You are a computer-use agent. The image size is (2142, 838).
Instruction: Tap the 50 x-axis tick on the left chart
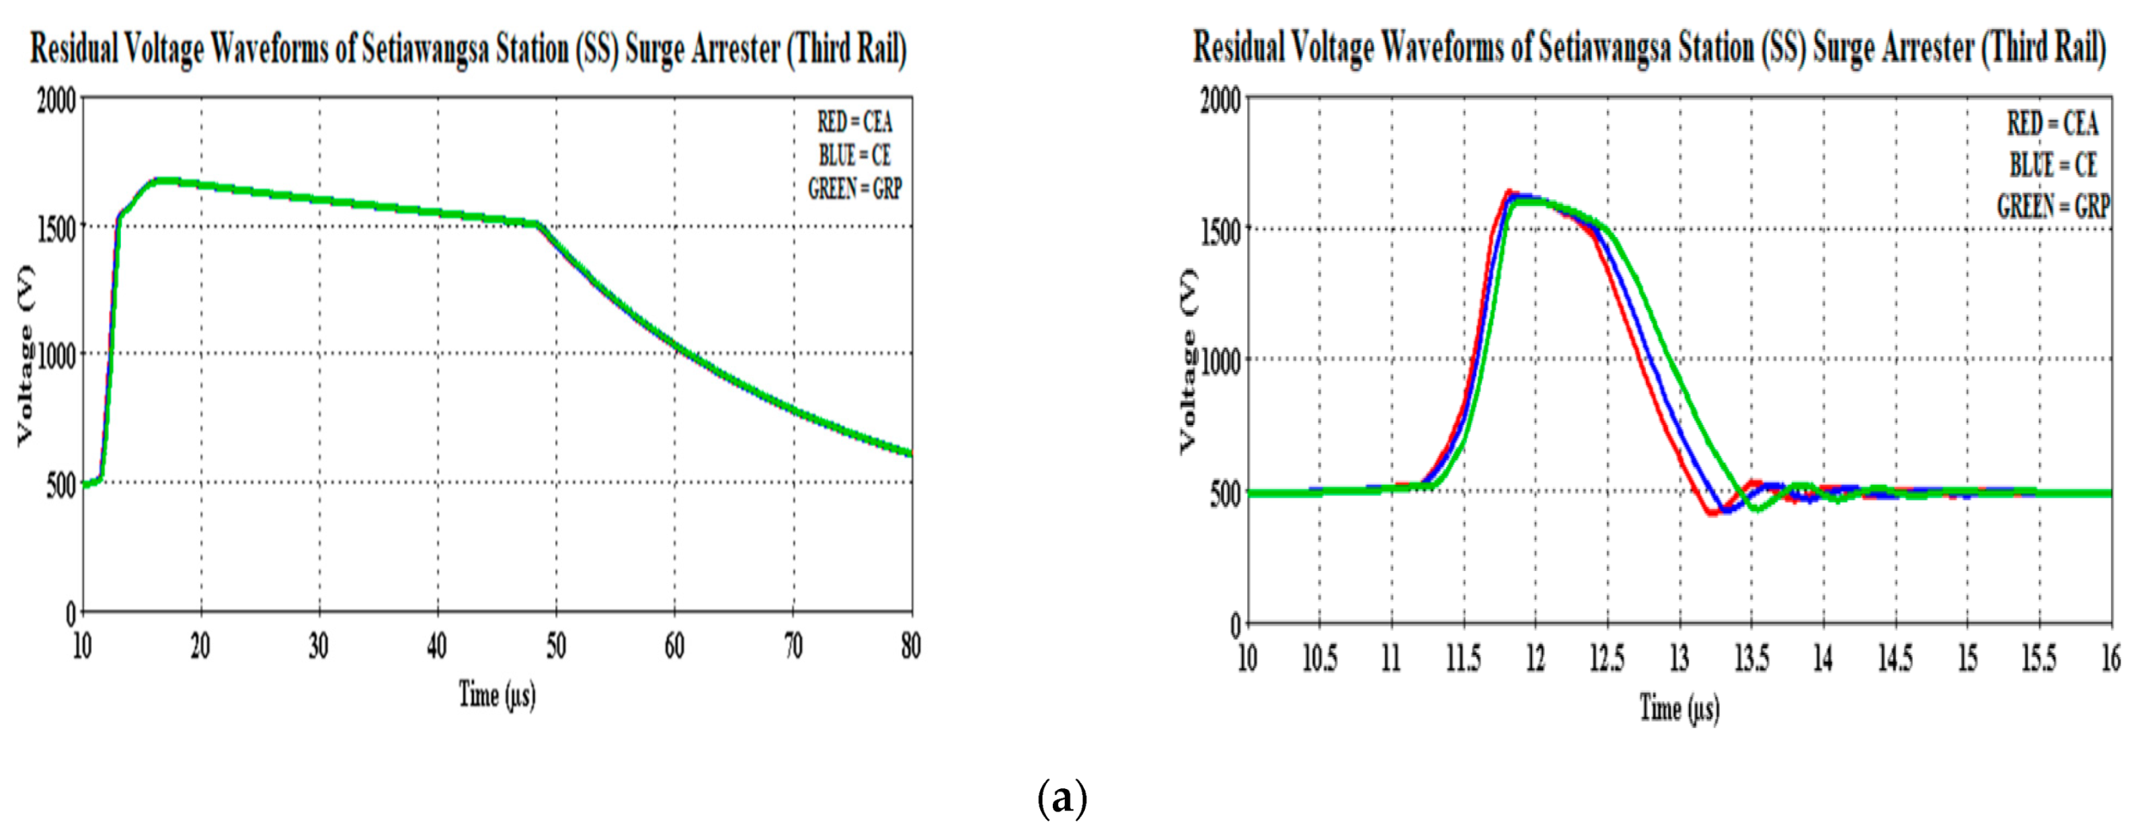click(x=555, y=646)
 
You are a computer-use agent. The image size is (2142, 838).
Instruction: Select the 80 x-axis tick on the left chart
click(x=910, y=646)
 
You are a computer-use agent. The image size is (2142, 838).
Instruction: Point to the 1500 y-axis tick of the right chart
click(x=1220, y=231)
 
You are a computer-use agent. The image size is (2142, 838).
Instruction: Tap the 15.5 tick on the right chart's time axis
click(x=2038, y=658)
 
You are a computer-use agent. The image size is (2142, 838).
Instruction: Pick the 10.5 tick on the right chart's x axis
click(x=1319, y=658)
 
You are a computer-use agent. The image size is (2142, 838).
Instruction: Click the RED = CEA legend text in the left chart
click(x=854, y=123)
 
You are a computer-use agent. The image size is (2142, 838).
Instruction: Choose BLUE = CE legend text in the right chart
click(x=2053, y=165)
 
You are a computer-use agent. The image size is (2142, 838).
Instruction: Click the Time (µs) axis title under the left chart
click(x=498, y=694)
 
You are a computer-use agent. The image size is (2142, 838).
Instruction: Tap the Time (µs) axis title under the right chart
click(x=1679, y=708)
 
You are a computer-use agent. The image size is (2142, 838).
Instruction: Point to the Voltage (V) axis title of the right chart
click(x=1188, y=360)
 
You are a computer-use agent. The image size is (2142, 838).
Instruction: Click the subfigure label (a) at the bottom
click(x=1062, y=800)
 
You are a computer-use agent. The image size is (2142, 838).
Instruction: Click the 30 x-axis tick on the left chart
click(x=319, y=646)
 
